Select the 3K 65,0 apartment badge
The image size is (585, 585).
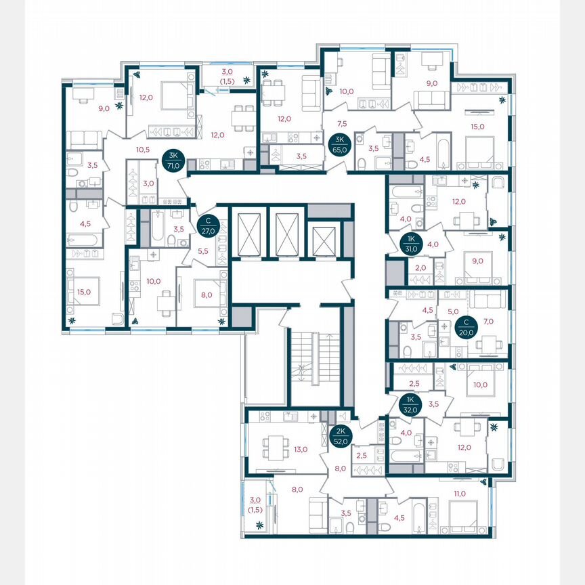[338, 144]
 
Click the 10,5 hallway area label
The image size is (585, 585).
[142, 150]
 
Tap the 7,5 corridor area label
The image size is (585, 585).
[342, 123]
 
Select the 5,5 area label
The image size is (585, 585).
[202, 251]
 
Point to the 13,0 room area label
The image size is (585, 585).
[301, 449]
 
